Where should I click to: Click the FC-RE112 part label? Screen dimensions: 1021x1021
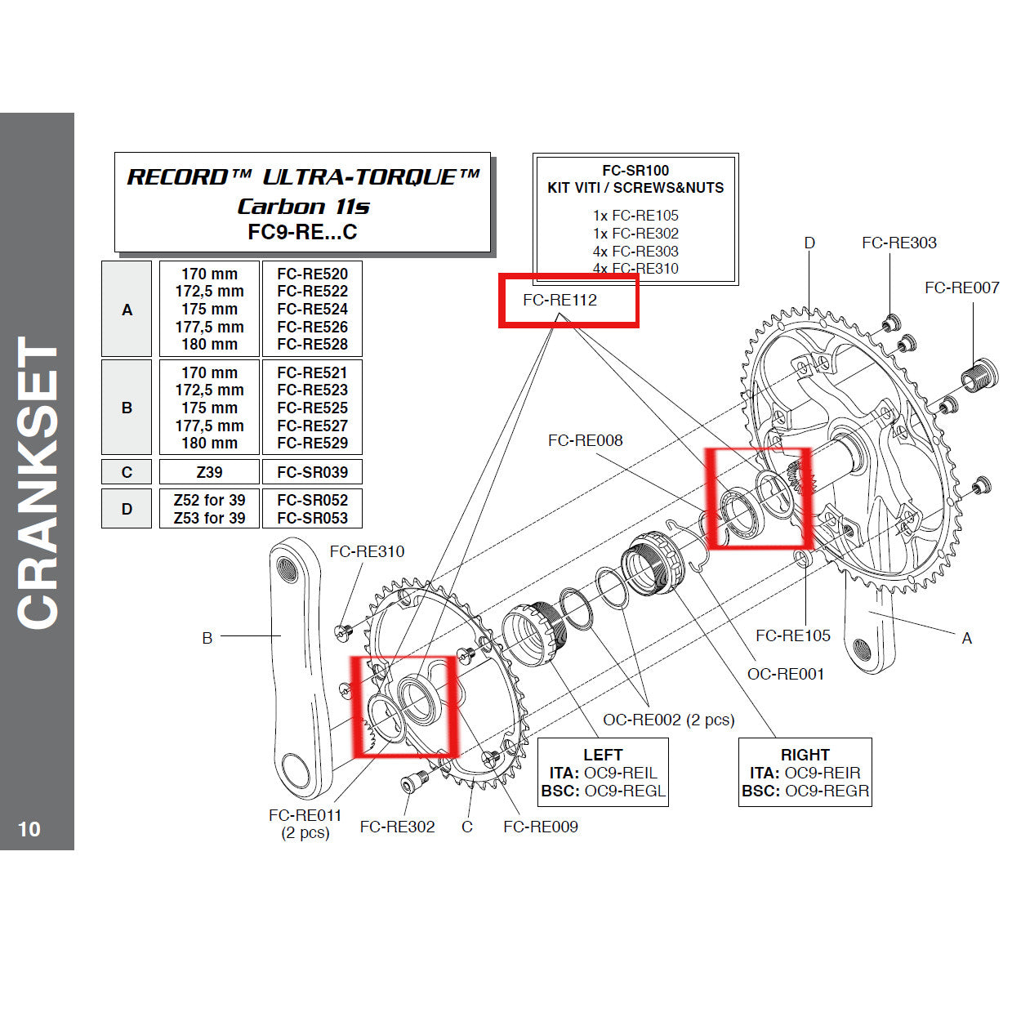coord(560,301)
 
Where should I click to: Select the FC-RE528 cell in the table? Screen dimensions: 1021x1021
coord(312,345)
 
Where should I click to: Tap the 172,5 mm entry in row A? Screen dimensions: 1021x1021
coord(209,292)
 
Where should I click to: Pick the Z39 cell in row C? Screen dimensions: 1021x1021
coord(209,472)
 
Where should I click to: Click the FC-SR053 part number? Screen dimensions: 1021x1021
coord(312,518)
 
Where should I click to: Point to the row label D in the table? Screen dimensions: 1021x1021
coord(127,509)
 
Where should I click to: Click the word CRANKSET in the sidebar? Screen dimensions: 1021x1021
coord(38,482)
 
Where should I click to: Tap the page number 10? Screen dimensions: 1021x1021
coord(29,829)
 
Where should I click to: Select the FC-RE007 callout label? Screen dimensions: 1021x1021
coord(961,288)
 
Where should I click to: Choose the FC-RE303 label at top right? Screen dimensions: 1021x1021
coord(898,243)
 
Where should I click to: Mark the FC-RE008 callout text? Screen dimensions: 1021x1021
coord(585,440)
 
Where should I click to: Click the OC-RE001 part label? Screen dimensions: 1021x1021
coord(785,674)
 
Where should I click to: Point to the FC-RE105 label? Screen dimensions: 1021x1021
coord(792,635)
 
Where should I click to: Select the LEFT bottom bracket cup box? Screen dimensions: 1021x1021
coord(603,773)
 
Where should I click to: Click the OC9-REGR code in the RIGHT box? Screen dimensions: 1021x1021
coord(826,791)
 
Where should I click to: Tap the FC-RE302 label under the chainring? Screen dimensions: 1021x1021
coord(397,827)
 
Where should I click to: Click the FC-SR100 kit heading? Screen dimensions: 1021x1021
coord(635,171)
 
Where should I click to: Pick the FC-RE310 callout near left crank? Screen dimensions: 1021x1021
coord(367,551)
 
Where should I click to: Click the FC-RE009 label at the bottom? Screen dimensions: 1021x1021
coord(540,827)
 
